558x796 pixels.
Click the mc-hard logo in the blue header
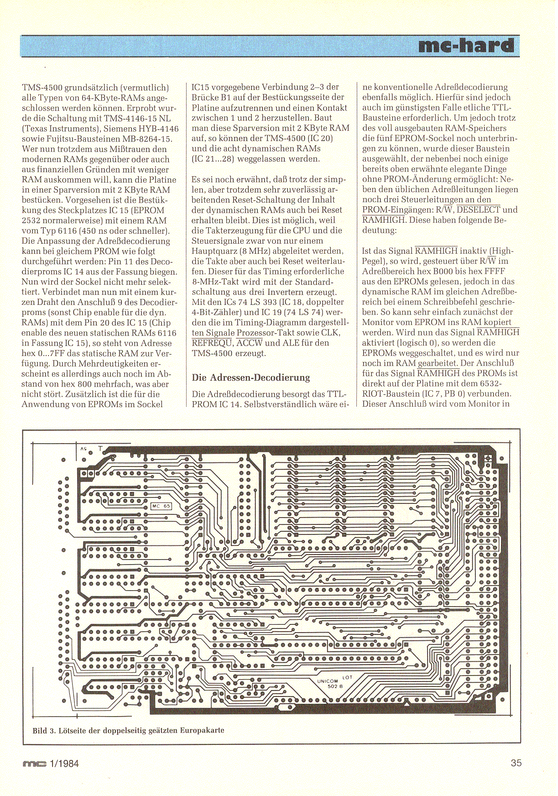pyautogui.click(x=466, y=46)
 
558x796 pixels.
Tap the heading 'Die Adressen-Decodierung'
pyautogui.click(x=251, y=377)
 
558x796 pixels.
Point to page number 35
pyautogui.click(x=516, y=763)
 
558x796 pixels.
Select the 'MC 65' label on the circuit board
pyautogui.click(x=161, y=506)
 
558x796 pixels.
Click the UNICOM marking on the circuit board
pyautogui.click(x=328, y=681)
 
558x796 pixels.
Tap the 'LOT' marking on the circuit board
pyautogui.click(x=347, y=677)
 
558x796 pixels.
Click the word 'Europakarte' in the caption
pyautogui.click(x=202, y=730)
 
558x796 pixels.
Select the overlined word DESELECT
pyautogui.click(x=478, y=210)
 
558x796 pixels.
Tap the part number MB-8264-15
pyautogui.click(x=149, y=139)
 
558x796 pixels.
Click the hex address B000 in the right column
pyautogui.click(x=446, y=271)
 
